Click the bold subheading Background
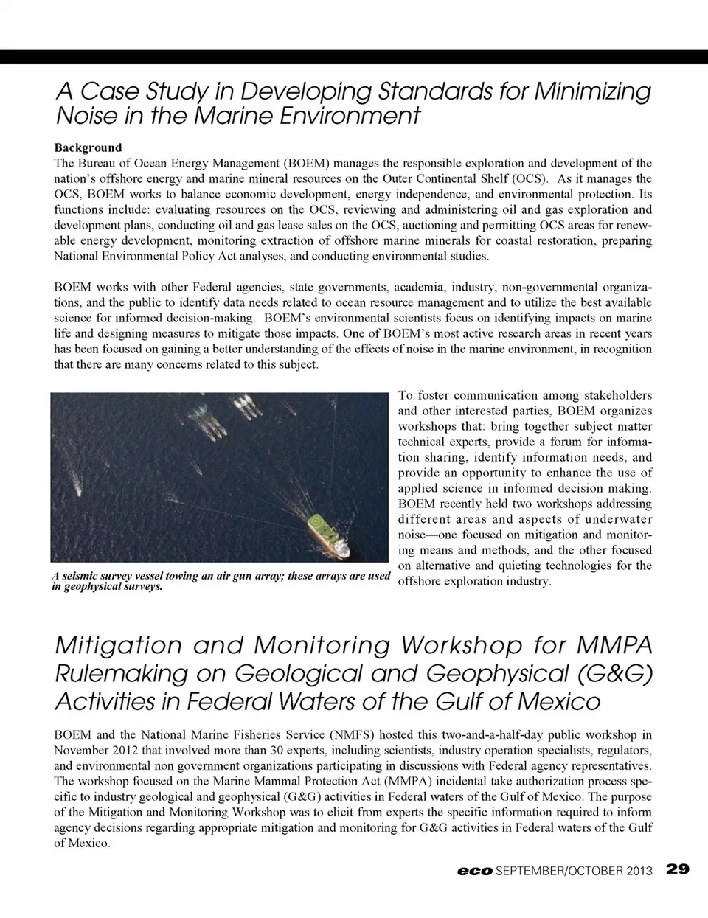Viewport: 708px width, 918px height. point(88,147)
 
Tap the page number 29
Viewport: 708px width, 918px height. point(677,869)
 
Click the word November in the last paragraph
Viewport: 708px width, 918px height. point(82,751)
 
